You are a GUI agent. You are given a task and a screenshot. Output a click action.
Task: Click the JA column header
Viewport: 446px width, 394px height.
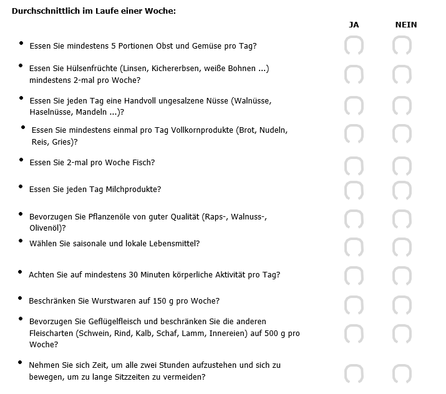click(x=354, y=25)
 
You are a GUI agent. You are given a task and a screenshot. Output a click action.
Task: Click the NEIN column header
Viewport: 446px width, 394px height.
click(x=406, y=25)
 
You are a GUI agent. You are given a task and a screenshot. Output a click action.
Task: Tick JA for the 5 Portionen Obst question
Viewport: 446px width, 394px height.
click(x=354, y=46)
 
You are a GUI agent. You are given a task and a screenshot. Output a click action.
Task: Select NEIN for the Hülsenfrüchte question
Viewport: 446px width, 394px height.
click(x=402, y=75)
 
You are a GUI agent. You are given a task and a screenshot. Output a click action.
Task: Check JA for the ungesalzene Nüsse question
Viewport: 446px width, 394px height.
click(x=354, y=105)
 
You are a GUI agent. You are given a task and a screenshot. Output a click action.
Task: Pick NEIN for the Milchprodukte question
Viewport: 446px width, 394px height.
click(x=402, y=190)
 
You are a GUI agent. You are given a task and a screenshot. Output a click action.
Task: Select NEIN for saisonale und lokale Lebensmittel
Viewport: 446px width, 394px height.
click(x=402, y=246)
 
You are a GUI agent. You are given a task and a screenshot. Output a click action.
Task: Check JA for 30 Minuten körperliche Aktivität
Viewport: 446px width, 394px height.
click(x=354, y=276)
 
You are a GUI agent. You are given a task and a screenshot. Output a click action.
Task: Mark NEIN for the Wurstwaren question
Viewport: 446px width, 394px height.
click(x=402, y=304)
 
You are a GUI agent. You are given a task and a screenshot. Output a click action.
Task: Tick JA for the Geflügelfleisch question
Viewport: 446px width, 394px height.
click(x=354, y=333)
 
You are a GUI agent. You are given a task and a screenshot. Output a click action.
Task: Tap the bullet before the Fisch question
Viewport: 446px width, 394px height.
click(x=21, y=160)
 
